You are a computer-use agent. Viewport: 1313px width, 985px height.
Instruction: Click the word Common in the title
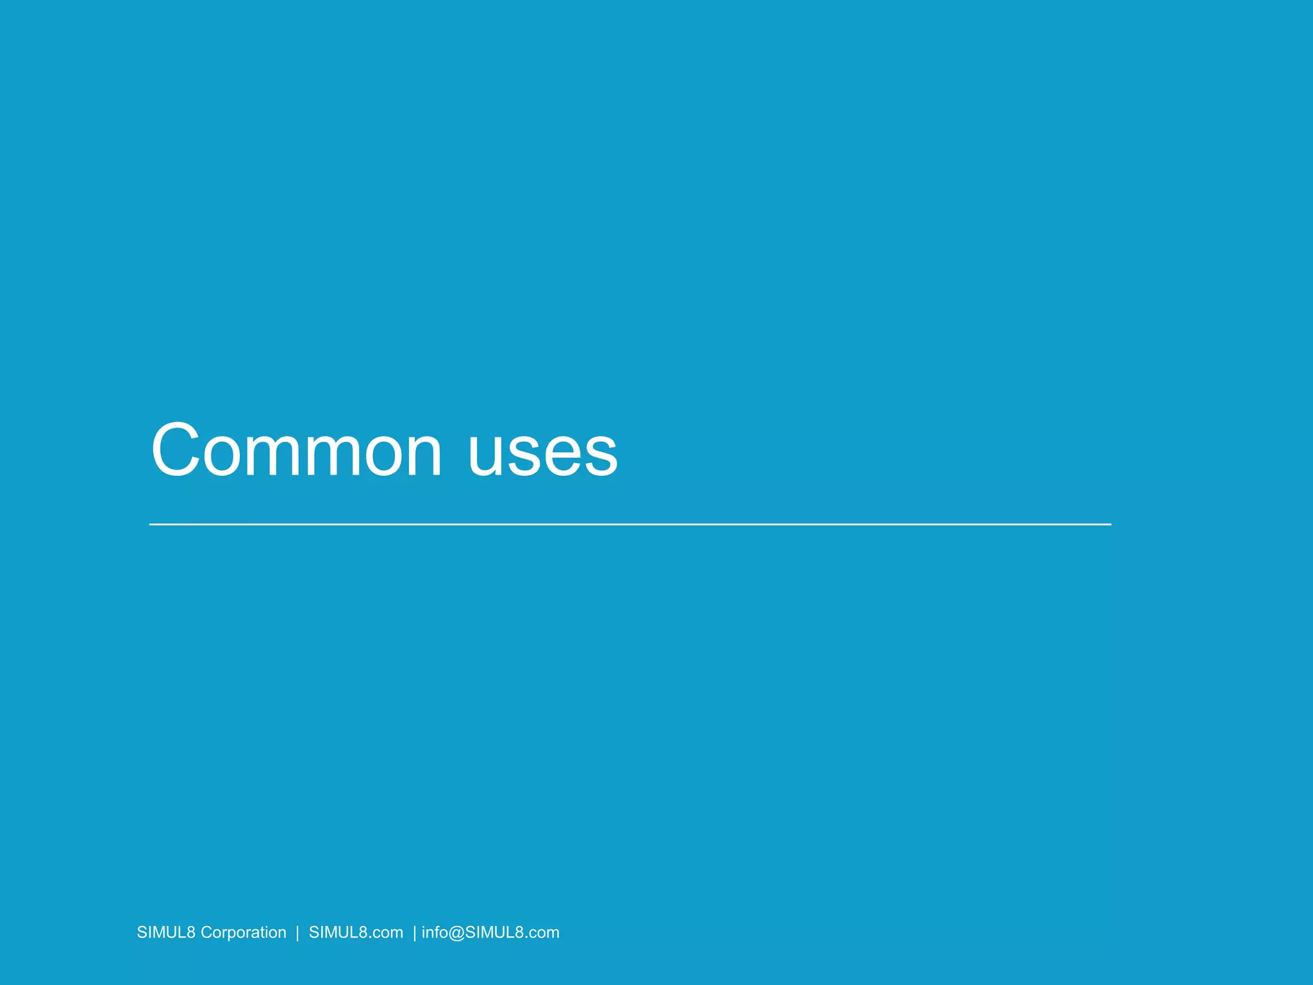click(x=296, y=450)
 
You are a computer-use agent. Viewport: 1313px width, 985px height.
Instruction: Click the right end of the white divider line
click(x=1110, y=525)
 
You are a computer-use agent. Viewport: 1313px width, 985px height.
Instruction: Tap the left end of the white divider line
click(x=151, y=525)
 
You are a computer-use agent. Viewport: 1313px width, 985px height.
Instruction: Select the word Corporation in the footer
click(x=243, y=932)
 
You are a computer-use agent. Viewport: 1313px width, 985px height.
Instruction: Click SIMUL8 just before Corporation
click(x=165, y=932)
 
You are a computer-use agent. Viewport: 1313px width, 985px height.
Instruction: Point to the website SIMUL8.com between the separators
click(x=356, y=932)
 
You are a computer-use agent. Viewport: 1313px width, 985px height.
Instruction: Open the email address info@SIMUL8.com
click(x=490, y=932)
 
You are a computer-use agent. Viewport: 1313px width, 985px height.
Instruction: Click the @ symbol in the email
click(x=457, y=933)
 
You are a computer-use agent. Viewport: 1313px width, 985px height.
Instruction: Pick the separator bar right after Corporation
click(x=297, y=933)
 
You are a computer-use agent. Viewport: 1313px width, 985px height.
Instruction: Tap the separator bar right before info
click(x=415, y=933)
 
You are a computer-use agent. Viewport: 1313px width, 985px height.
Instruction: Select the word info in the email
click(x=435, y=932)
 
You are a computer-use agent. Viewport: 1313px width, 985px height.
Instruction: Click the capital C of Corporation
click(x=206, y=932)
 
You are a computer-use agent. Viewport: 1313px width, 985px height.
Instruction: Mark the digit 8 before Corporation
click(x=190, y=932)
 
